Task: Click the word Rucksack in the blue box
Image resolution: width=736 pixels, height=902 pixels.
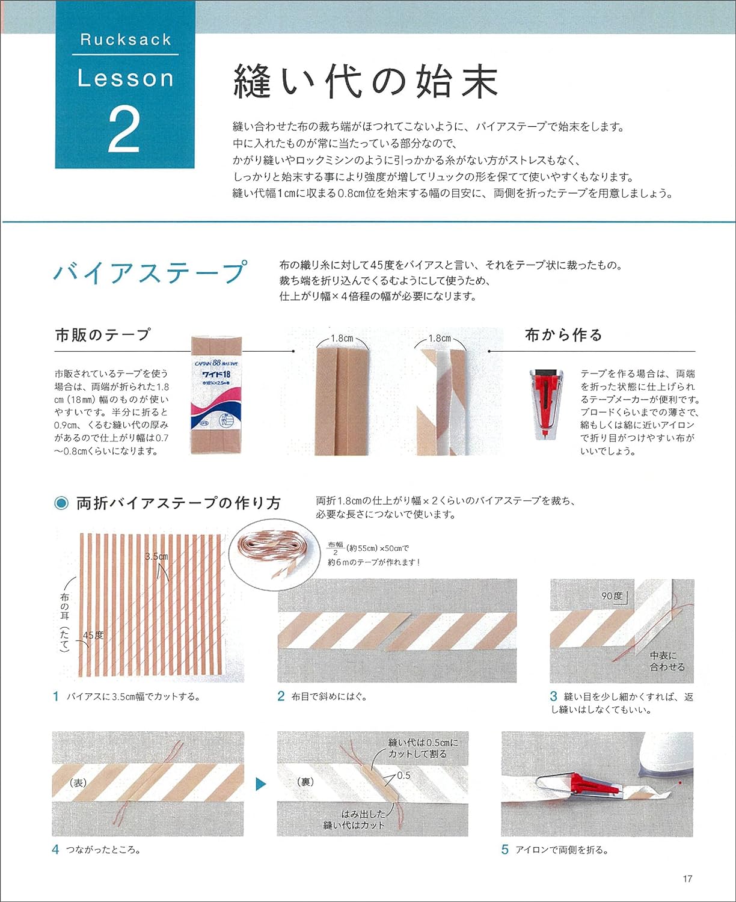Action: click(125, 40)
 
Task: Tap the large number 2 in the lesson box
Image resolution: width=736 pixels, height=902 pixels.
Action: click(124, 129)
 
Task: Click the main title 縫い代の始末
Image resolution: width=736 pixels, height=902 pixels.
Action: click(366, 82)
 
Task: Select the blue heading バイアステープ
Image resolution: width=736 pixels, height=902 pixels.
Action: click(150, 272)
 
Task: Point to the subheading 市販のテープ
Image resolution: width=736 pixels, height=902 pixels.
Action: click(103, 335)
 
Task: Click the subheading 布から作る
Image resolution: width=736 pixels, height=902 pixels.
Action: click(563, 335)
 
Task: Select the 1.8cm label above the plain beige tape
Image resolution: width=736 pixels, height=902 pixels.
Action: click(342, 338)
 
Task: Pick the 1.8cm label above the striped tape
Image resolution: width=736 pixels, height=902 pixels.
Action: click(440, 338)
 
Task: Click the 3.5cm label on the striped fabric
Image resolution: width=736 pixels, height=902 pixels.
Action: click(156, 556)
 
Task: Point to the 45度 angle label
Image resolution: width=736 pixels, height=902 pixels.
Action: click(93, 635)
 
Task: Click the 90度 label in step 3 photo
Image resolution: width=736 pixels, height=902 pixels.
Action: click(612, 596)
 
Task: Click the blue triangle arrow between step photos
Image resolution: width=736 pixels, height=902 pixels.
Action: click(261, 784)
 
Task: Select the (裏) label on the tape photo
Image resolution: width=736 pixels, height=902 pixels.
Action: click(306, 782)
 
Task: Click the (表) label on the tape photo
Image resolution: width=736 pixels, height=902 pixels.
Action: click(79, 782)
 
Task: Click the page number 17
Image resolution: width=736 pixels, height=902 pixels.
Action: click(687, 879)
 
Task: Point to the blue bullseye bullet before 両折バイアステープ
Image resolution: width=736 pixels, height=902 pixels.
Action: click(61, 503)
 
